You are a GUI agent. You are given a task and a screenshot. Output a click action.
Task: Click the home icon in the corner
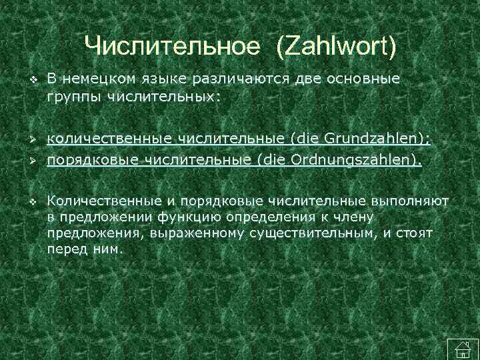459,347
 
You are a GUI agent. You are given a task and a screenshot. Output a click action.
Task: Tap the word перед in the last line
62,249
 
